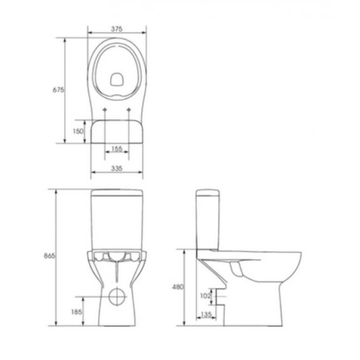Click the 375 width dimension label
(x=117, y=29)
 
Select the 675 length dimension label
(x=58, y=90)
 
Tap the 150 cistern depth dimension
(x=78, y=131)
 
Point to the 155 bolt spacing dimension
(x=117, y=149)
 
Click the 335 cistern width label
(x=117, y=168)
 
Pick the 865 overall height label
(x=49, y=256)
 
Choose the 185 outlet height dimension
(x=76, y=312)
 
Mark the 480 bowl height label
(x=178, y=287)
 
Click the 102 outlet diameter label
(x=205, y=296)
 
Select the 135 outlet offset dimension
(x=206, y=314)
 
